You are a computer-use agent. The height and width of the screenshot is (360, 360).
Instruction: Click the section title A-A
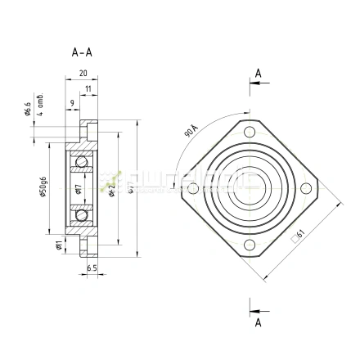point(82,52)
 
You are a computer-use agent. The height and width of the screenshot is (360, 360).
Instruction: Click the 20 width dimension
point(83,73)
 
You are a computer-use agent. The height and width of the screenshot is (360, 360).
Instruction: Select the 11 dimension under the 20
point(88,87)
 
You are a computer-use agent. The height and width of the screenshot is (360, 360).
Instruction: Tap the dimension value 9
point(73,102)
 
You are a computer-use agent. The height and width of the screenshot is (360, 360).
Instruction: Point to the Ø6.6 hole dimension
point(28,110)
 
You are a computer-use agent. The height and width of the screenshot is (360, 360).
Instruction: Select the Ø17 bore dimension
point(77,189)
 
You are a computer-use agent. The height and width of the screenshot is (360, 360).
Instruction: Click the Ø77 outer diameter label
point(131,189)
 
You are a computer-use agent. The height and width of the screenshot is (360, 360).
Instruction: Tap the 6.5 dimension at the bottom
point(92,268)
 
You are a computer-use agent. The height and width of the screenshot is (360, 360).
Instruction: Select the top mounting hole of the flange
point(250,133)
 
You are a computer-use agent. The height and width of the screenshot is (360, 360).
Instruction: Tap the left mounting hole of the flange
point(193,189)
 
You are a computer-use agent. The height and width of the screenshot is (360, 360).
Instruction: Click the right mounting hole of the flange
point(306,189)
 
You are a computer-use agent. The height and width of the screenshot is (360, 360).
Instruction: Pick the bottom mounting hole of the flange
point(250,245)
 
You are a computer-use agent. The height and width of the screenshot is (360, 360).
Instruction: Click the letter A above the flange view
point(259,74)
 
